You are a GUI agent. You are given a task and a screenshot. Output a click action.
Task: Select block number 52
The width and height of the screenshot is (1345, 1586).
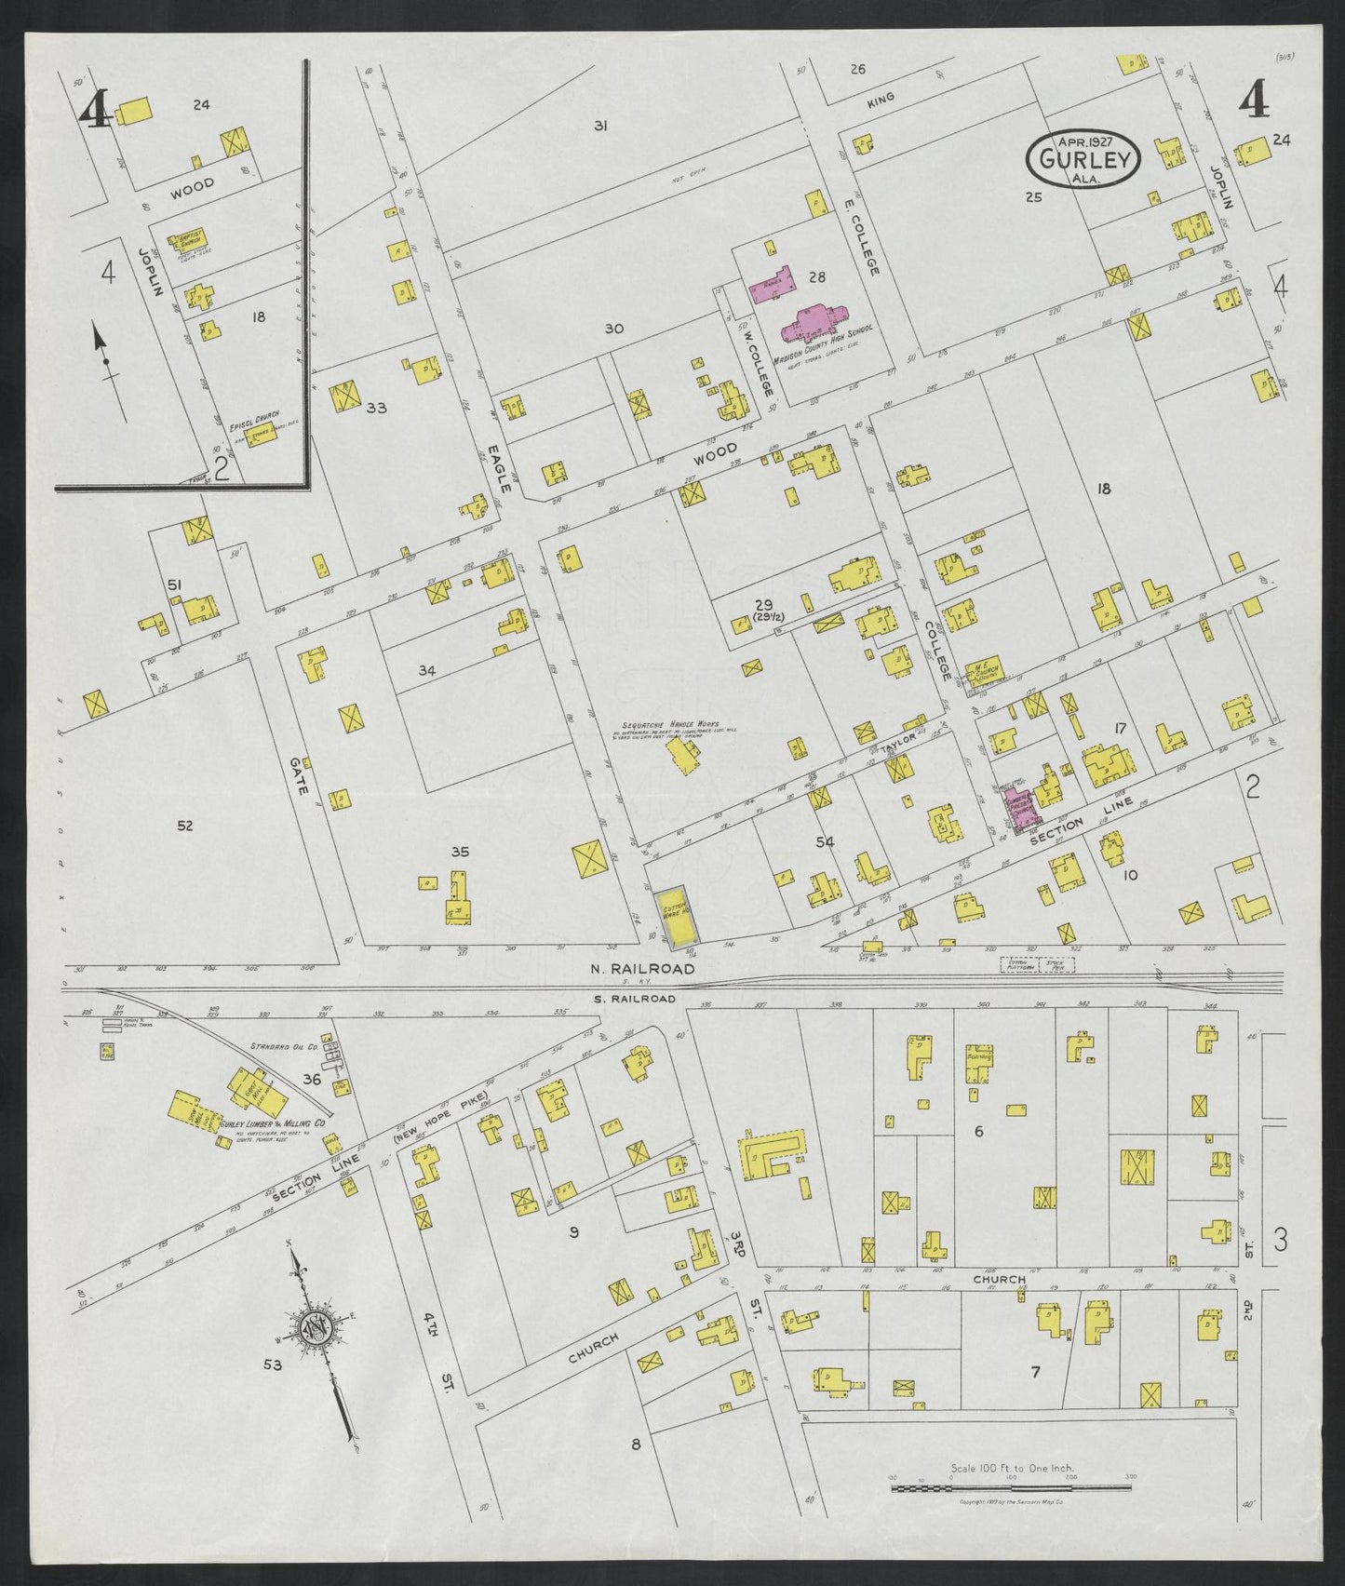coord(184,825)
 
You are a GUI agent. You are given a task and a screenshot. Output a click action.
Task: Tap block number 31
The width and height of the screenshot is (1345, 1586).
coord(601,125)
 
